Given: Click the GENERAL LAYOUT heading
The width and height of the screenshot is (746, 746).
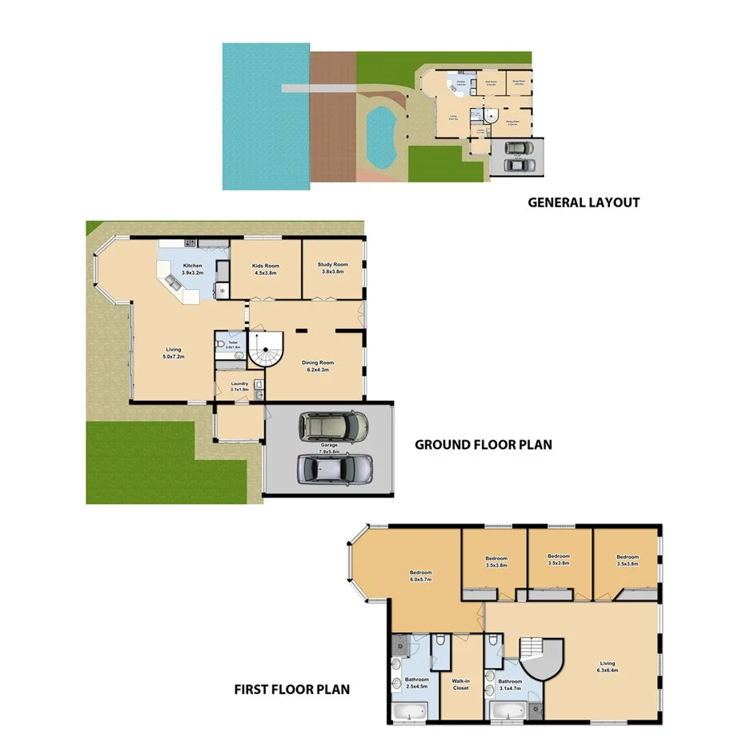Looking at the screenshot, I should click(584, 203).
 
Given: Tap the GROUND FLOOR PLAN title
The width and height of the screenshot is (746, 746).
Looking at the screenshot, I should click(483, 444).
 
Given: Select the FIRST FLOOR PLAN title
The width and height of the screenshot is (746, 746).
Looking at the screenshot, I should click(291, 688).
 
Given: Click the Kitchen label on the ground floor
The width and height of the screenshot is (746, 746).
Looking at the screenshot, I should click(193, 269).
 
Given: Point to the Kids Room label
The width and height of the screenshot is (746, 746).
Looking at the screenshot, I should click(266, 269).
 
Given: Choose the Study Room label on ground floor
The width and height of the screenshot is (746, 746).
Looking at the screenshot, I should click(332, 268).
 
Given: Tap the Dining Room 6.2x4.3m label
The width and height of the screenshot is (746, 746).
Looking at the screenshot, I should click(318, 366).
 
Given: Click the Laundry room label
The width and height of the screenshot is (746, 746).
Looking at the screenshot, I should click(239, 387).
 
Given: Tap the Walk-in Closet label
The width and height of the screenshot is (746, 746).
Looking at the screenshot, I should click(460, 684).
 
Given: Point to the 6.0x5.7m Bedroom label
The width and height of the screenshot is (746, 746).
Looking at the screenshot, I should click(421, 576).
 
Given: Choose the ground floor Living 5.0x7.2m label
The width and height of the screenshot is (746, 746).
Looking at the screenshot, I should click(174, 352).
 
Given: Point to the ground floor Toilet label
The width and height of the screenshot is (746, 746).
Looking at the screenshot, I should click(233, 344).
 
